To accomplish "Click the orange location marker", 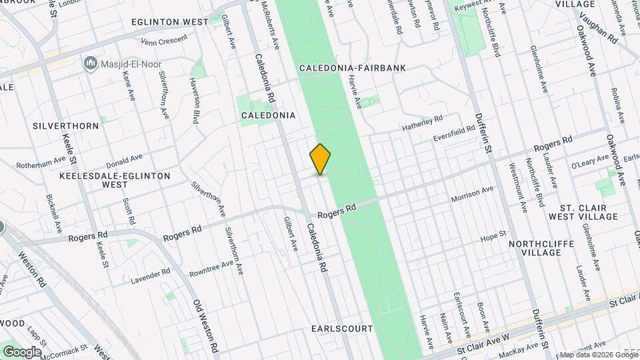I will click(320, 159).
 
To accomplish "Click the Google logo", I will click(21, 351).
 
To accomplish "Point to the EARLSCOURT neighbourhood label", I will click(337, 329).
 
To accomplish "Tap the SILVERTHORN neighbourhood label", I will click(65, 125).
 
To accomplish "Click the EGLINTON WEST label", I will click(170, 22).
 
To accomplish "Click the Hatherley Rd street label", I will click(422, 122).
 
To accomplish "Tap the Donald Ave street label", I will click(125, 161).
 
